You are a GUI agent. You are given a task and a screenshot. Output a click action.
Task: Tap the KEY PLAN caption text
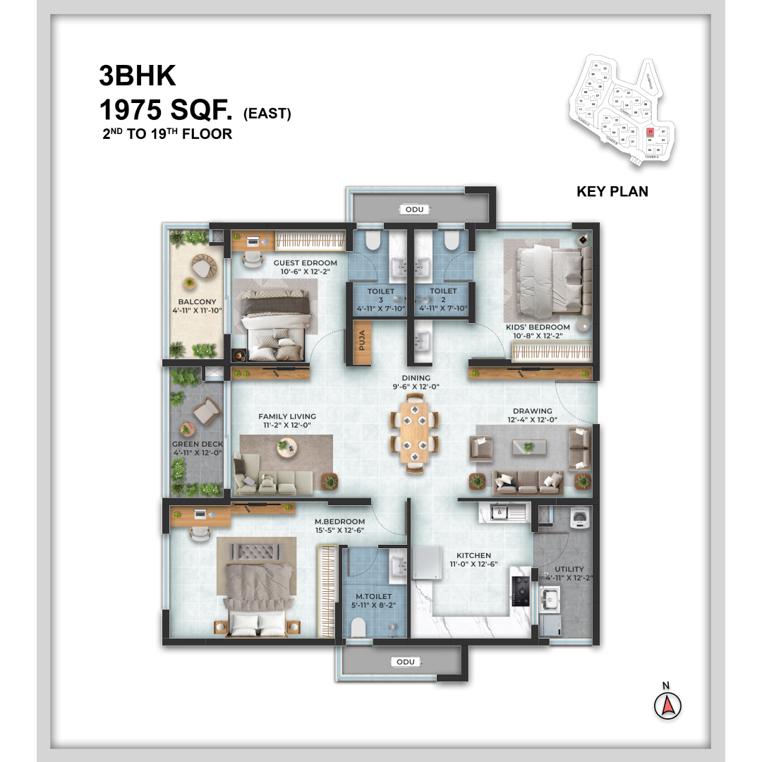612,191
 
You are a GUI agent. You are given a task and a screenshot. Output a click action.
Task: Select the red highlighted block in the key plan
651,132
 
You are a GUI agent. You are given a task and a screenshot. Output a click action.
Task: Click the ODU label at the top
411,209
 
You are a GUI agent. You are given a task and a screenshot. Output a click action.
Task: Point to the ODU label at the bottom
405,662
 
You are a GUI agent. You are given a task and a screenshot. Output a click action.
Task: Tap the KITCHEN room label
473,555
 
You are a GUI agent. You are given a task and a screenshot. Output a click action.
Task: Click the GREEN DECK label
198,445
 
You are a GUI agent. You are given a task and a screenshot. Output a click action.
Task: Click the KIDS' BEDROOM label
538,327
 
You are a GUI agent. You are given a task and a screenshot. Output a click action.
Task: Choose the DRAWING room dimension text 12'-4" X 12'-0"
533,420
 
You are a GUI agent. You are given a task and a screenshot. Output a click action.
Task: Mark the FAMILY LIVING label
286,416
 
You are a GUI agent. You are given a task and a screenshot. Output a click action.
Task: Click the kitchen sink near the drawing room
500,511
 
